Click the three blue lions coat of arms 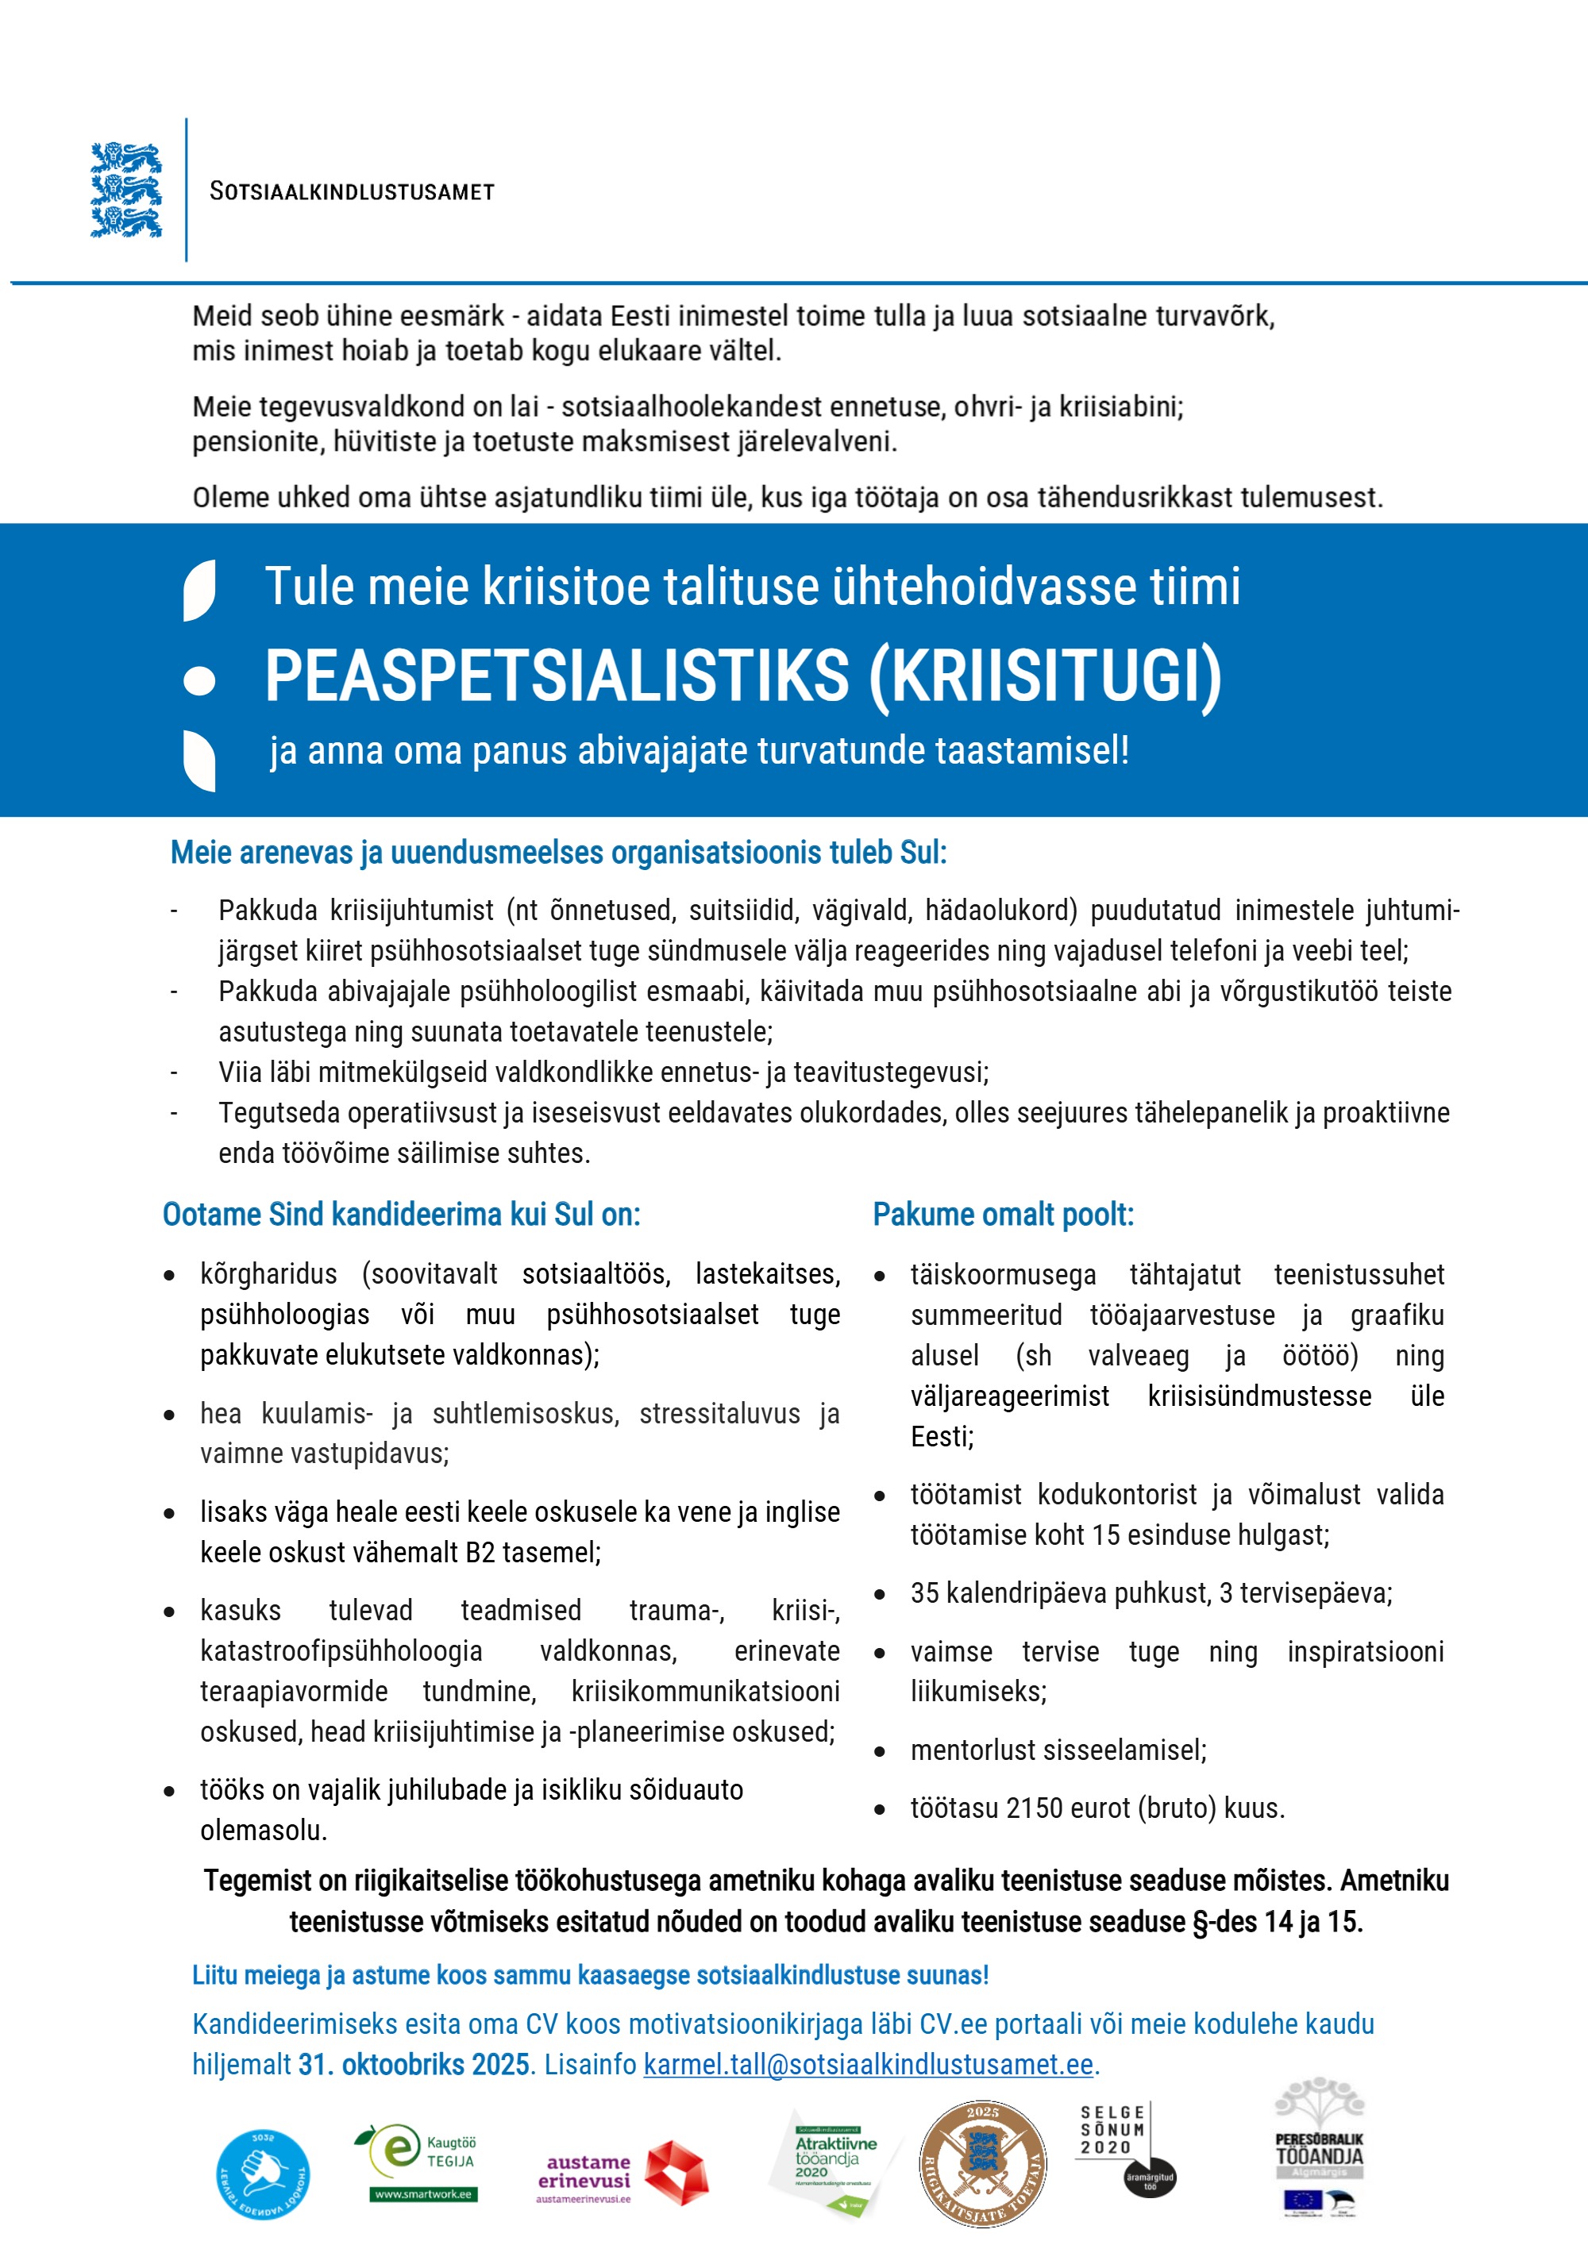point(126,190)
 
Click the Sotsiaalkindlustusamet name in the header point(352,191)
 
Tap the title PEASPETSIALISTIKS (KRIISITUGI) point(743,676)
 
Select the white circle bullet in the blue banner point(199,680)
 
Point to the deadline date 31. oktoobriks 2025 point(414,2063)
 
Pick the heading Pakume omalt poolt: point(1004,1215)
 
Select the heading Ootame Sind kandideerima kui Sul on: point(401,1215)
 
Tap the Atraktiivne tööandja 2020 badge point(833,2162)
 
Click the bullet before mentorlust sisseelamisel point(880,1751)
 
